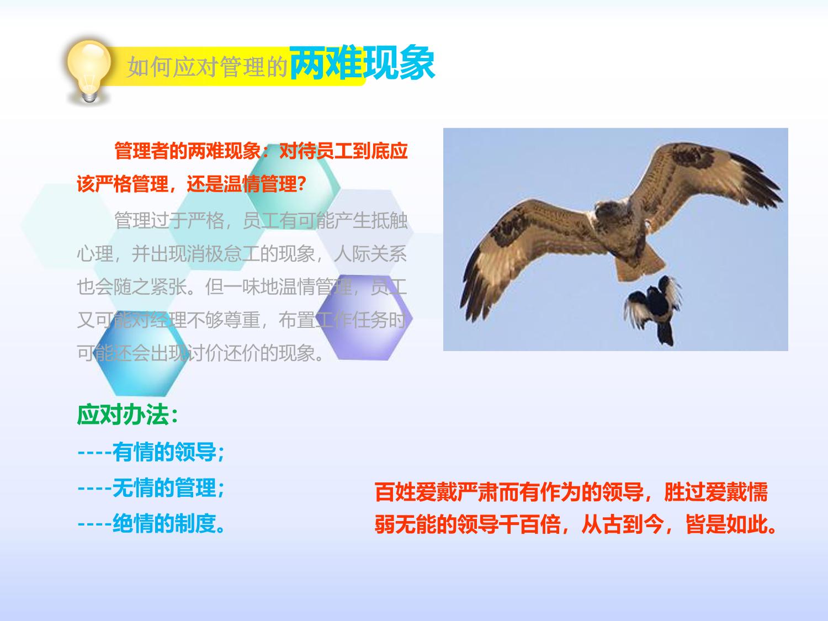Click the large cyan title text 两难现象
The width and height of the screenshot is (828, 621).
tap(362, 63)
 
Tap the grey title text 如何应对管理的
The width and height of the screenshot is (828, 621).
tap(206, 67)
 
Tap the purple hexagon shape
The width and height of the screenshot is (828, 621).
tap(364, 317)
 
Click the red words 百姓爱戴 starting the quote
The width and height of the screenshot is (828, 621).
tap(416, 492)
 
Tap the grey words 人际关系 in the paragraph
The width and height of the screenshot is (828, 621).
tap(370, 254)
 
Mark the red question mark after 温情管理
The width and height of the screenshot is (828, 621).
tap(301, 184)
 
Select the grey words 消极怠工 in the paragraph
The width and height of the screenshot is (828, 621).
tap(224, 254)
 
